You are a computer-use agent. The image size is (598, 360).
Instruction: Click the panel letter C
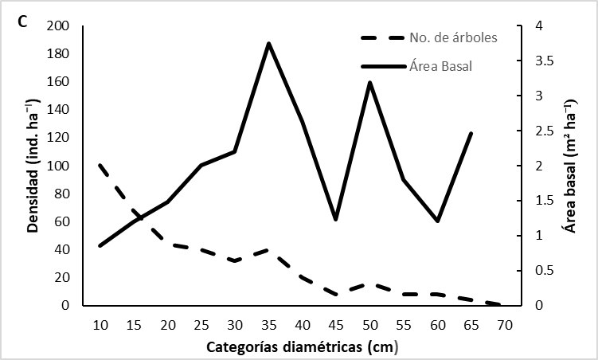click(23, 22)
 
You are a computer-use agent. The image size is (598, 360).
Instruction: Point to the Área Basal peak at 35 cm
click(269, 43)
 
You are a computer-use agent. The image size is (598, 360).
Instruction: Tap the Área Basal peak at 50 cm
click(369, 82)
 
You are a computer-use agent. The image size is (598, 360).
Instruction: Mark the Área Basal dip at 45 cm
click(336, 219)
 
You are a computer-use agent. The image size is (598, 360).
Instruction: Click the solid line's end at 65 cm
click(471, 133)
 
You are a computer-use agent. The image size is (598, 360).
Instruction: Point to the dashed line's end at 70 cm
click(501, 304)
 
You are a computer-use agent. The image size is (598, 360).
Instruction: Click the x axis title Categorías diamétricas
click(302, 347)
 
